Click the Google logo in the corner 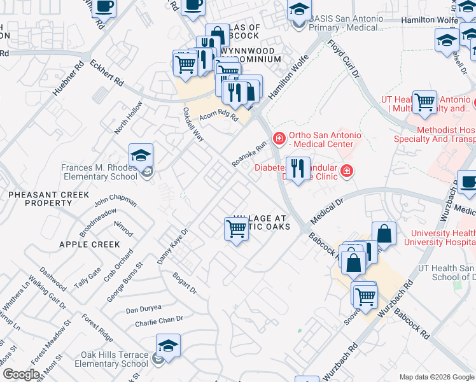pos(21,374)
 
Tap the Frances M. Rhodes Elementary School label pos(99,173)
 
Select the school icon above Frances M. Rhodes pos(141,155)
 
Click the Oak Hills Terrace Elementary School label pos(111,360)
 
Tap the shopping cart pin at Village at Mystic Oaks pos(236,229)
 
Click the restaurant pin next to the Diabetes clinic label pos(297,169)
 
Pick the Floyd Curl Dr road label pos(344,59)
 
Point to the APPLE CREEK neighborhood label pos(89,244)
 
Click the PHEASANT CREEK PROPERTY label pos(48,199)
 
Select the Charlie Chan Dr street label pos(159,322)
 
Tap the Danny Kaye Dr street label pos(172,247)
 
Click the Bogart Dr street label pos(185,283)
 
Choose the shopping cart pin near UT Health pos(424,103)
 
